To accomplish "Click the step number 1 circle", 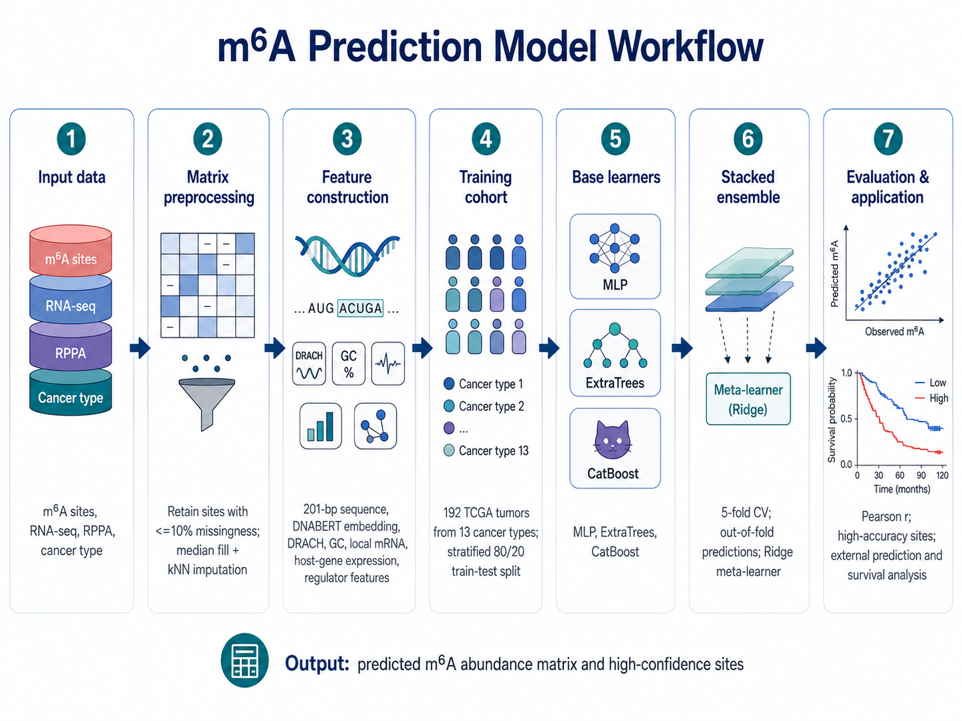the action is [x=71, y=139].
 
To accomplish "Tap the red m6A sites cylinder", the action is [x=70, y=250].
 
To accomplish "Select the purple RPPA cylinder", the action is [x=70, y=347].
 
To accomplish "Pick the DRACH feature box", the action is [x=309, y=364].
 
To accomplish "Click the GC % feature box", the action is [x=348, y=364].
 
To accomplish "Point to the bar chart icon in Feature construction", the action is [x=320, y=426].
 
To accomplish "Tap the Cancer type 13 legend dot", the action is [x=449, y=451].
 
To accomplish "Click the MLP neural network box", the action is [x=615, y=256].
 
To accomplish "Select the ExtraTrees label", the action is [x=615, y=383].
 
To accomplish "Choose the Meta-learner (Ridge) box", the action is [x=748, y=399].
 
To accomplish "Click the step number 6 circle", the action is [x=747, y=139].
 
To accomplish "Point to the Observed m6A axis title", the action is [x=894, y=331].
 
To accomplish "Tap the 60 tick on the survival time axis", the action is [x=900, y=475].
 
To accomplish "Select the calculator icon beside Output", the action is [x=244, y=660].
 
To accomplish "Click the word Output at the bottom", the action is [x=317, y=664].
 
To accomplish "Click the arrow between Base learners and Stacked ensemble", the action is [x=682, y=348].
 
